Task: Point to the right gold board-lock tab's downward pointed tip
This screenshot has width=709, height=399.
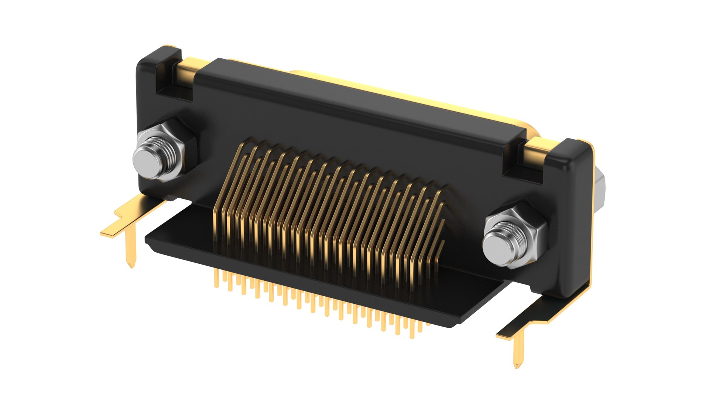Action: pos(517,365)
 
